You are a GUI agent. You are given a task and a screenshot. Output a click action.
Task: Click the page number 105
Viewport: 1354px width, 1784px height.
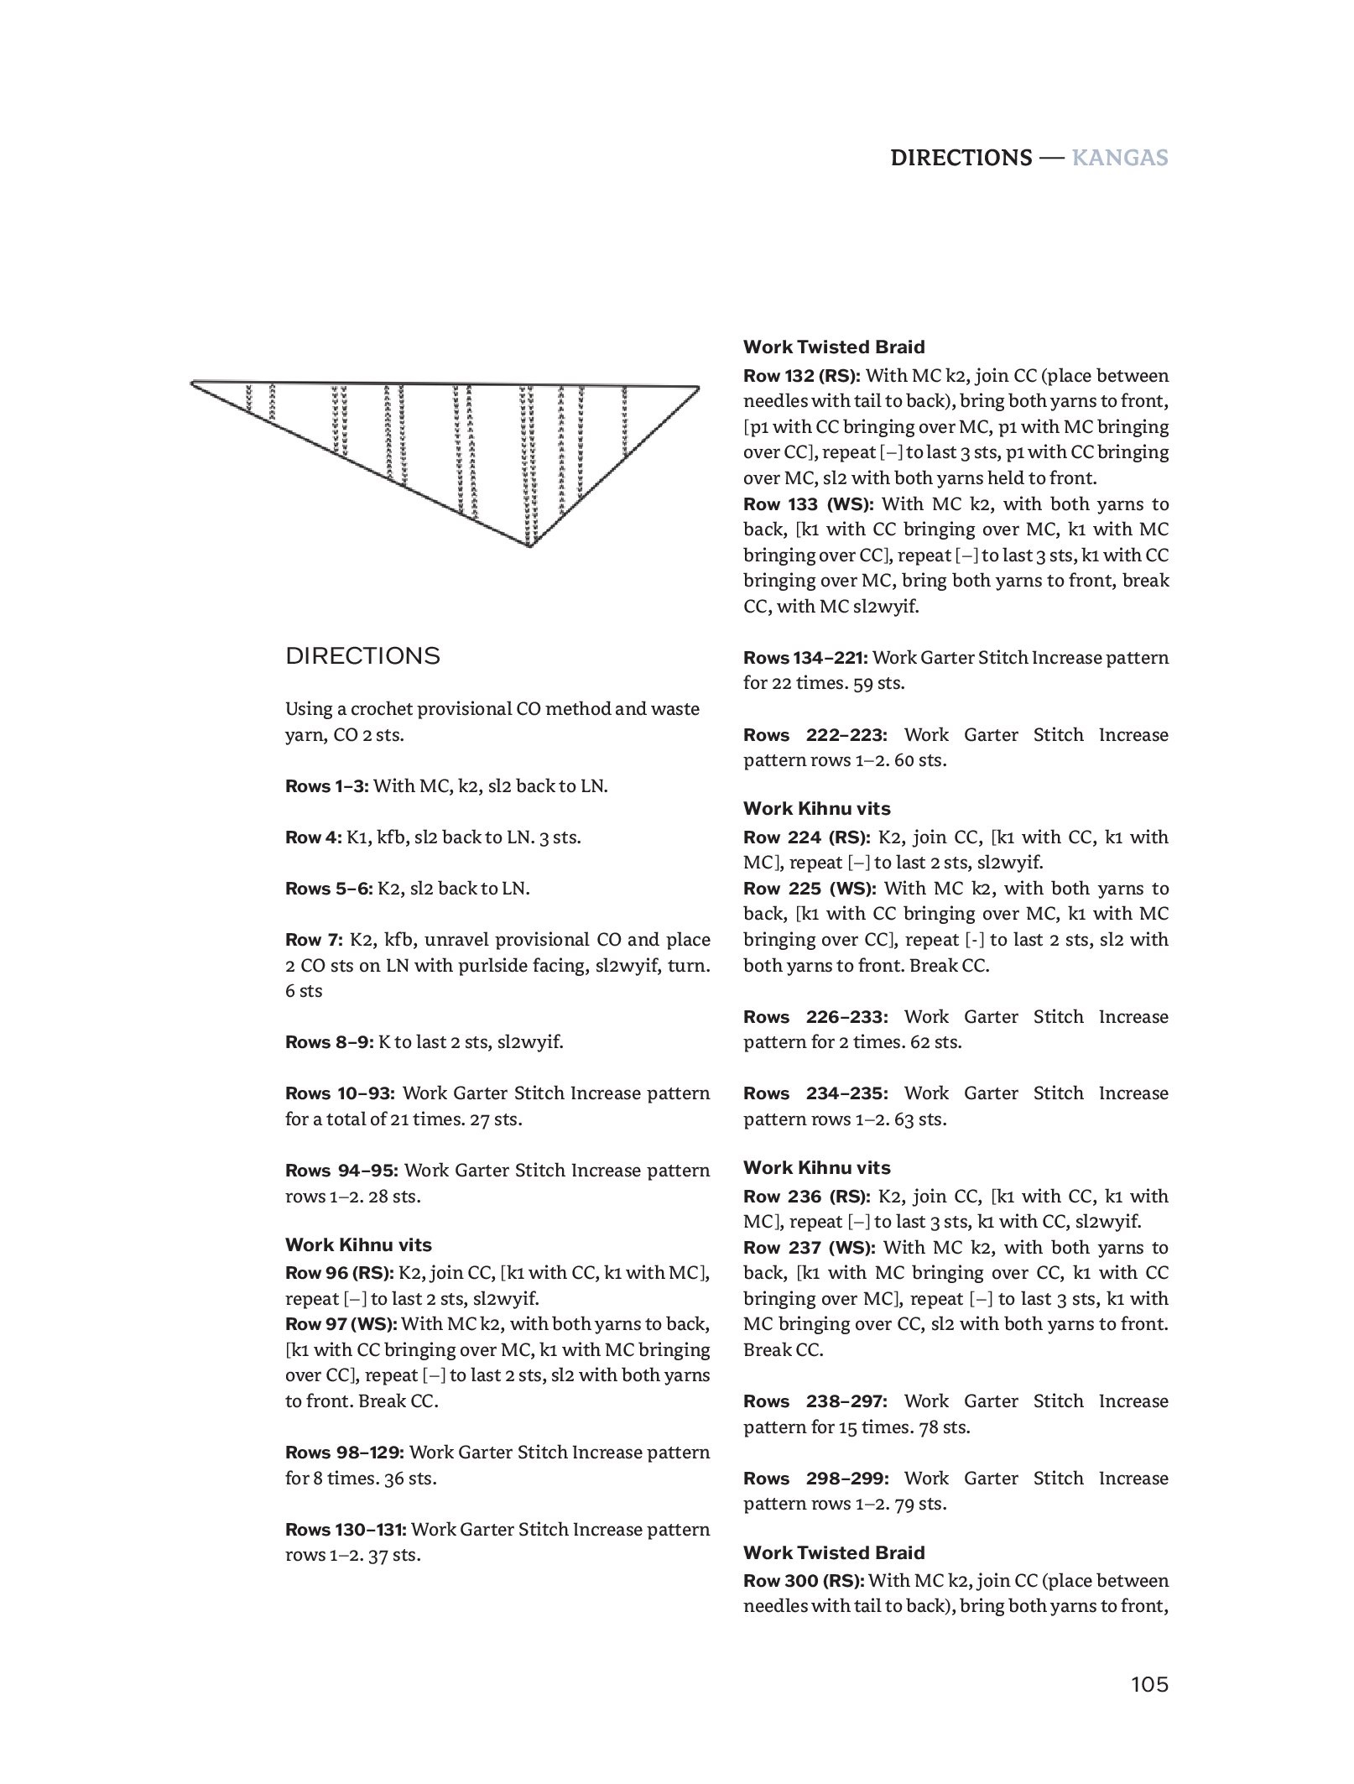tap(1148, 1683)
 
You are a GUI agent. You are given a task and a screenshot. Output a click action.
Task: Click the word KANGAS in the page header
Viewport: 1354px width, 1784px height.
tap(1120, 158)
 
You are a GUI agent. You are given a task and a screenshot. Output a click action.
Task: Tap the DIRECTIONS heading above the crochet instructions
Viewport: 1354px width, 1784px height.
tap(362, 655)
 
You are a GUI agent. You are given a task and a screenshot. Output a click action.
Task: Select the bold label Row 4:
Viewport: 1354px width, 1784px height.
tap(314, 837)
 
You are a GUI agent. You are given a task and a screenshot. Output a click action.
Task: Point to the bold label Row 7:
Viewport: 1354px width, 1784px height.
tap(314, 939)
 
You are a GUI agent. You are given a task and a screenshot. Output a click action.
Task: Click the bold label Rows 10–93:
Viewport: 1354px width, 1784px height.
tap(340, 1093)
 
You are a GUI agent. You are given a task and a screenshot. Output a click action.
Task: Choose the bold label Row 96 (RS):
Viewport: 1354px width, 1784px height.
tap(339, 1272)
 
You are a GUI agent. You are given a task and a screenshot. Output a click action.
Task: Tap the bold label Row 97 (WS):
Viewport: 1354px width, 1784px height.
tap(341, 1323)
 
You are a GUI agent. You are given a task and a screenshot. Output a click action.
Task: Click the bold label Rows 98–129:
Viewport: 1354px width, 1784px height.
tap(345, 1452)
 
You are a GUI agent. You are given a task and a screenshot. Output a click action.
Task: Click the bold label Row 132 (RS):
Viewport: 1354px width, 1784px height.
tap(801, 375)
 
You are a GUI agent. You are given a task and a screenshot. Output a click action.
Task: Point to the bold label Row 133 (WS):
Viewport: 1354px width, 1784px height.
tap(809, 503)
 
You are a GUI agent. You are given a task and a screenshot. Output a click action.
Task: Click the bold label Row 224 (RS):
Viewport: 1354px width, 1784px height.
tap(805, 837)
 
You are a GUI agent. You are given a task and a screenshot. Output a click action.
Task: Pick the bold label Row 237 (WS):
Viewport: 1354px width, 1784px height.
tap(809, 1247)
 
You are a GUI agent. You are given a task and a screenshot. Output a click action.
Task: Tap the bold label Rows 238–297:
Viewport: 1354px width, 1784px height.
tap(815, 1401)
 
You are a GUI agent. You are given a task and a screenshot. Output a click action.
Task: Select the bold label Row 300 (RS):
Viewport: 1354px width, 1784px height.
tap(803, 1580)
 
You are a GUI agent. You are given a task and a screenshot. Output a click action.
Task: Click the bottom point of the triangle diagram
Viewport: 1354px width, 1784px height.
tap(529, 547)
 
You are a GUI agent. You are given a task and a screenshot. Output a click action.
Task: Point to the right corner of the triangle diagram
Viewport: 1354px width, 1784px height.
tap(698, 387)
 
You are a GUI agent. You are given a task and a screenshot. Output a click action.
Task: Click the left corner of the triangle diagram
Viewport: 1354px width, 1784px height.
tap(192, 383)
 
